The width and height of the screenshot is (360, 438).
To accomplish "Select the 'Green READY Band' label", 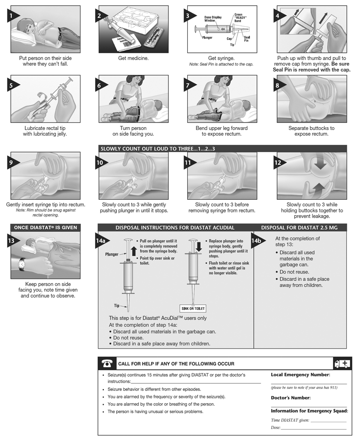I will (240, 18).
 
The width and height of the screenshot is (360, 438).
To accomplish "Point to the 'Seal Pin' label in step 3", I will (247, 39).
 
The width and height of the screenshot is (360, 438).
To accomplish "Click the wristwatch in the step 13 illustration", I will (22, 265).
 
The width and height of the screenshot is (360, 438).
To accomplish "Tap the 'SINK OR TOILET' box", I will (193, 309).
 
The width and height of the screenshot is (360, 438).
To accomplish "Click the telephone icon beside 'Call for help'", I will (107, 364).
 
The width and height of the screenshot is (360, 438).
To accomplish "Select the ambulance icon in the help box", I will (342, 364).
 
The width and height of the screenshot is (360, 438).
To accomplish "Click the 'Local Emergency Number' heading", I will (300, 374).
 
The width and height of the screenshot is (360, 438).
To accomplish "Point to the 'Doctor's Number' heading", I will (290, 398).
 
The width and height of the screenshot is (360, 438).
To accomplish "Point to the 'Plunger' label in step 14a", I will (112, 254).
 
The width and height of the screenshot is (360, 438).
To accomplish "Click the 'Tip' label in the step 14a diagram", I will (116, 306).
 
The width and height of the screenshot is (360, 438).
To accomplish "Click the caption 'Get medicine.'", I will (133, 58).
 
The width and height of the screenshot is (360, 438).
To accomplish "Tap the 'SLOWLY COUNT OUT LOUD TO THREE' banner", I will (158, 148).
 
